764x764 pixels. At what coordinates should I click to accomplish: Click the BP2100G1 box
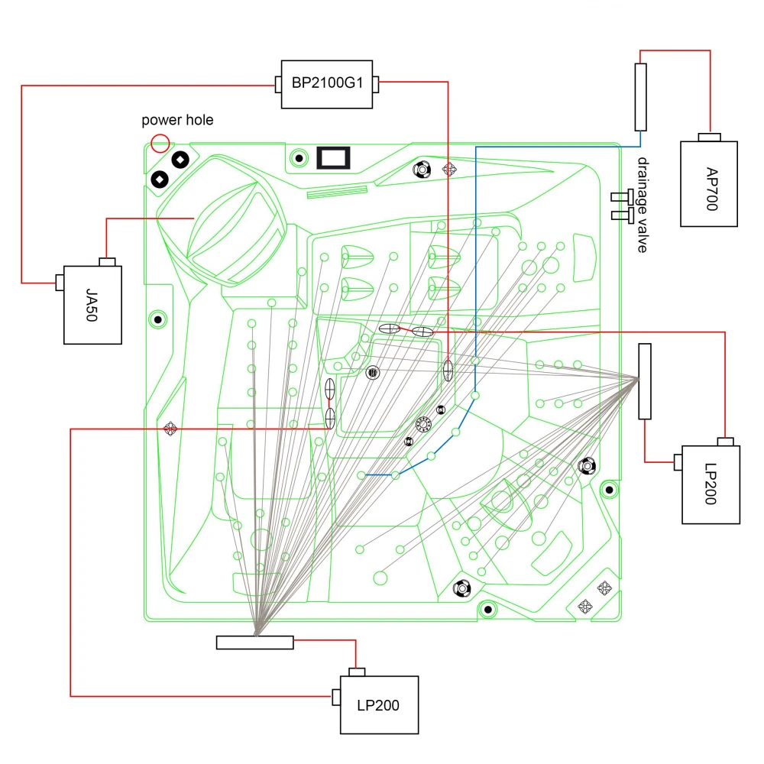pyautogui.click(x=327, y=84)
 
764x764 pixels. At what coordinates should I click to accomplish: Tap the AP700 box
pyautogui.click(x=709, y=183)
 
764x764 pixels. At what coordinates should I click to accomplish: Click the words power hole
pyautogui.click(x=178, y=120)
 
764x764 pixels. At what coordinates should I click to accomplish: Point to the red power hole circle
pyautogui.click(x=160, y=142)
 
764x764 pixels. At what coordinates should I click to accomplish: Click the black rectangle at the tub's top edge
pyautogui.click(x=333, y=158)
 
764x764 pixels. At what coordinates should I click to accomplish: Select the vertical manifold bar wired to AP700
pyautogui.click(x=640, y=97)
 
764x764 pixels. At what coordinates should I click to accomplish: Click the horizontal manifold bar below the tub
pyautogui.click(x=254, y=643)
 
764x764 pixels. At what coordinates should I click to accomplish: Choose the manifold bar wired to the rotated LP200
pyautogui.click(x=645, y=381)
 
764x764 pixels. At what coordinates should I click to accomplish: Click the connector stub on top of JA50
pyautogui.click(x=108, y=262)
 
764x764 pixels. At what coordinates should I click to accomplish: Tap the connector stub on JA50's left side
pyautogui.click(x=58, y=283)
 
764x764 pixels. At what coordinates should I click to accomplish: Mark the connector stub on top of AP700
pyautogui.click(x=711, y=138)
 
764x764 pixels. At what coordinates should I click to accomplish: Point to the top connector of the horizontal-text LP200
pyautogui.click(x=357, y=672)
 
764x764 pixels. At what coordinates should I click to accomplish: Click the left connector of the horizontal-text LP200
pyautogui.click(x=336, y=696)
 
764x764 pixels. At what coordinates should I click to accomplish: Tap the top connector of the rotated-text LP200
pyautogui.click(x=725, y=442)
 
